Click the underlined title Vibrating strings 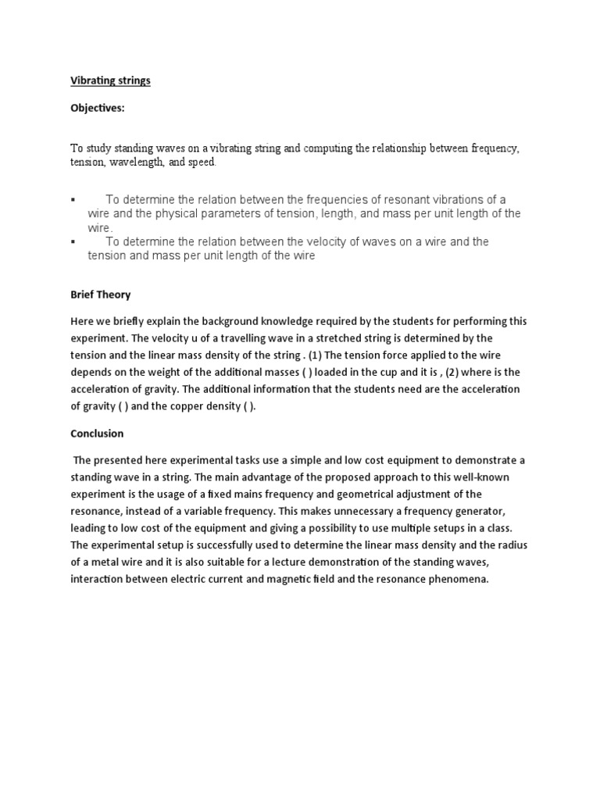(x=110, y=80)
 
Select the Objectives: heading (x=98, y=109)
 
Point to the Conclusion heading (x=97, y=433)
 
